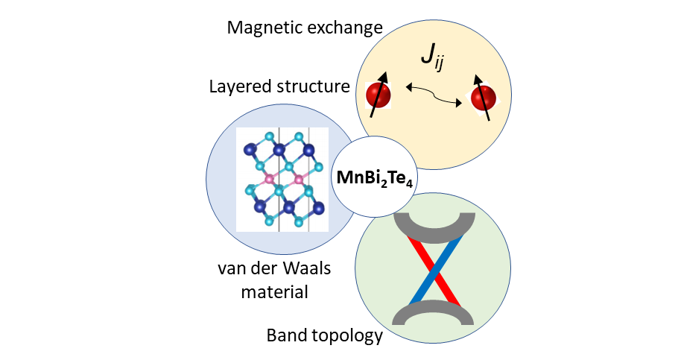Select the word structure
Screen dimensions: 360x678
point(316,87)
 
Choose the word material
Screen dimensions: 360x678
point(274,291)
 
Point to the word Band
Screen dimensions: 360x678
point(285,335)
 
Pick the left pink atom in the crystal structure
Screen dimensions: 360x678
point(270,180)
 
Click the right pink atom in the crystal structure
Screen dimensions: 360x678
point(299,180)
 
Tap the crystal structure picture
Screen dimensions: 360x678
point(282,179)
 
